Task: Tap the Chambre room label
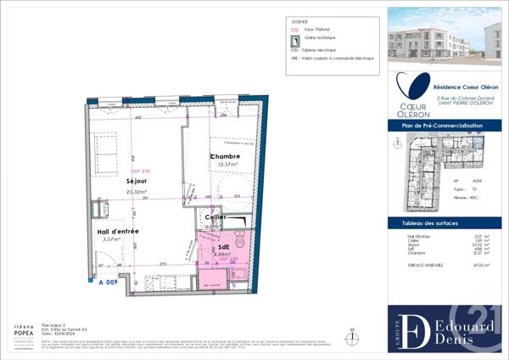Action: pyautogui.click(x=225, y=156)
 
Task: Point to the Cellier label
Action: pyautogui.click(x=214, y=218)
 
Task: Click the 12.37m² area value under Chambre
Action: pyautogui.click(x=226, y=166)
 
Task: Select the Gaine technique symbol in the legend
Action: pyautogui.click(x=295, y=39)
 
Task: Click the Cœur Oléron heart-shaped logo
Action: pyautogui.click(x=413, y=88)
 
